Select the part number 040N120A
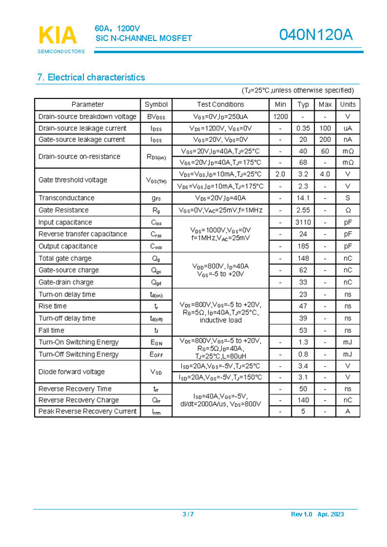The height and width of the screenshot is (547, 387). point(315,35)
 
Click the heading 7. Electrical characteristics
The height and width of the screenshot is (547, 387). point(91,78)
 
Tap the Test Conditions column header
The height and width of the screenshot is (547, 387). point(220,104)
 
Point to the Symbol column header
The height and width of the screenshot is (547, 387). point(156,104)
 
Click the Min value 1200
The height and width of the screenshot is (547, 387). point(280,116)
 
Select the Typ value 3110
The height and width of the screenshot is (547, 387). point(303,222)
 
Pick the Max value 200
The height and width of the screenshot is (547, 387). point(325,140)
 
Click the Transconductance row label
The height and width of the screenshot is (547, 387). point(66,197)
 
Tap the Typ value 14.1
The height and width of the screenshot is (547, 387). point(303,197)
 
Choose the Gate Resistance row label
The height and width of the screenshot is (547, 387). point(63,210)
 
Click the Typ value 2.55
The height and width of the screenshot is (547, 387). point(303,210)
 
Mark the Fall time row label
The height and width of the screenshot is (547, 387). point(51,330)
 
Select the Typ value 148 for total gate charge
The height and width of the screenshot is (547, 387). point(303,258)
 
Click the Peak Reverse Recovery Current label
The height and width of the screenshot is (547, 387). point(87,411)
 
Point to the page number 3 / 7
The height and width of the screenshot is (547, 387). point(188,514)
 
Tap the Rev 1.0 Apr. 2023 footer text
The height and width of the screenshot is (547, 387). point(317,514)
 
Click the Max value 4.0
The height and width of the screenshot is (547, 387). point(325,174)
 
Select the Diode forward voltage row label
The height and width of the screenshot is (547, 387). point(71,372)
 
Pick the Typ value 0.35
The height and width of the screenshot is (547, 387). point(303,128)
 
